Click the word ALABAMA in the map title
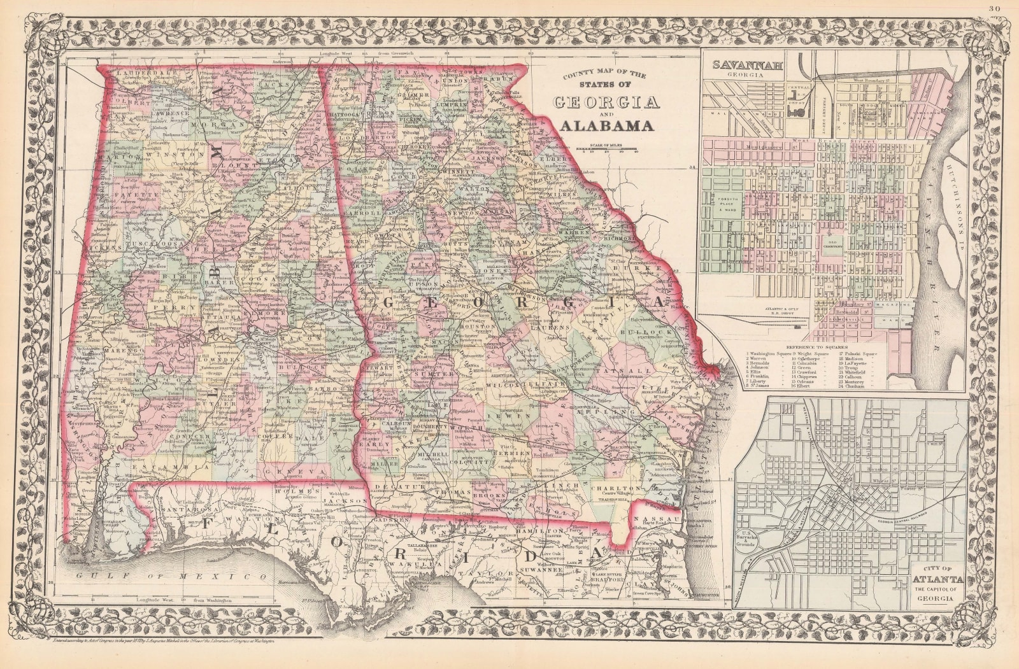click(607, 125)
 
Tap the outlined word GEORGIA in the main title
click(606, 102)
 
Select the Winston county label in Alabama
click(167, 154)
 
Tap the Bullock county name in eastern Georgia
click(650, 332)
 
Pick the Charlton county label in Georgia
click(616, 489)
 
